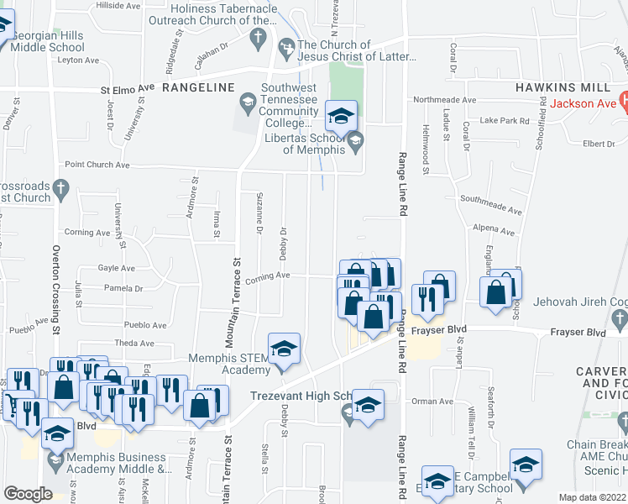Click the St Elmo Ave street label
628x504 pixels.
pyautogui.click(x=128, y=87)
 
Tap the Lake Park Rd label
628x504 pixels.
pyautogui.click(x=505, y=120)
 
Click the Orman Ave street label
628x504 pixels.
pyautogui.click(x=432, y=401)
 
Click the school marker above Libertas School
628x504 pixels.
pyautogui.click(x=341, y=118)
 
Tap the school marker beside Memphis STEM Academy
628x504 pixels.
pyautogui.click(x=284, y=350)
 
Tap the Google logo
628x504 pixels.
pyautogui.click(x=28, y=494)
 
